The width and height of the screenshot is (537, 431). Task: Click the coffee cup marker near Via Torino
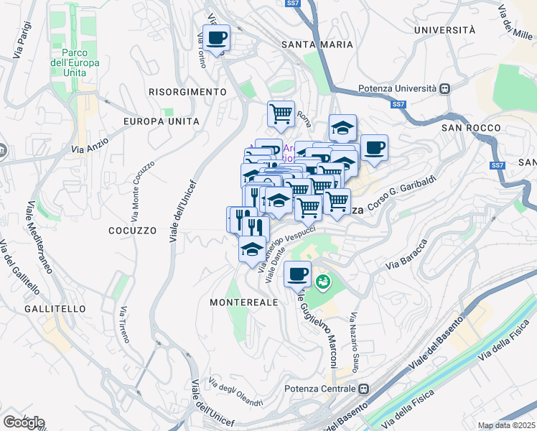point(215,37)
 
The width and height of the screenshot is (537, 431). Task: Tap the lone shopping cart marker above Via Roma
point(281,112)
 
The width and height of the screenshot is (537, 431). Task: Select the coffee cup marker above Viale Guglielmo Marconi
point(298,273)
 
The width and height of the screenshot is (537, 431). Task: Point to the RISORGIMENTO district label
point(187,92)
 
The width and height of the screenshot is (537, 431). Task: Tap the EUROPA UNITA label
point(161,121)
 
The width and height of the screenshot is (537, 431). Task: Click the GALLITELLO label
point(55,308)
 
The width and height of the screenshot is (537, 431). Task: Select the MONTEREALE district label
point(243,303)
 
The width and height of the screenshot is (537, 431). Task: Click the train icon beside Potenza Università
point(445,88)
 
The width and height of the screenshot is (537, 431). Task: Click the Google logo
point(23,422)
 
